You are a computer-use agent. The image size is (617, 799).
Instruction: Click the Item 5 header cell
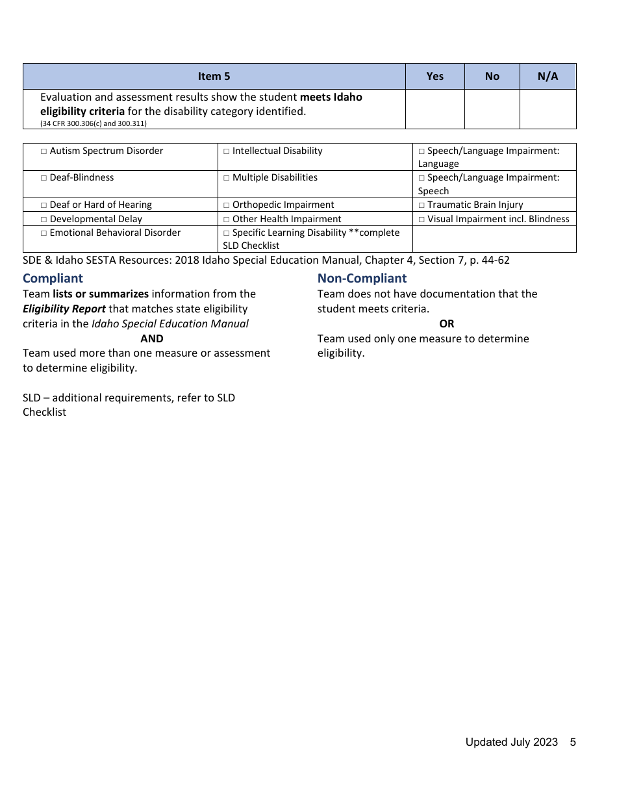coord(214,77)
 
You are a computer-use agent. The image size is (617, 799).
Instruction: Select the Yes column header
coord(434,77)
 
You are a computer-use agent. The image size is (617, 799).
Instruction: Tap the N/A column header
coord(548,77)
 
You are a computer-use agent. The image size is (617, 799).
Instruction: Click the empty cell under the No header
coord(492,109)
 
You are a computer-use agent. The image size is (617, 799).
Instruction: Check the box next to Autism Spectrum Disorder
coord(44,151)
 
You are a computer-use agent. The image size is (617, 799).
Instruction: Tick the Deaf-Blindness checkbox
coord(44,178)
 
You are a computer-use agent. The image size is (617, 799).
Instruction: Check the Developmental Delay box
coord(44,220)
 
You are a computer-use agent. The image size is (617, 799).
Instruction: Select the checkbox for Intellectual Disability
coord(227,151)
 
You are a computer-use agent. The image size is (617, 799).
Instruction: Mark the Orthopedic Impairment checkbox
coord(227,205)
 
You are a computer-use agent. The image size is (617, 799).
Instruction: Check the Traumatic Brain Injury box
coord(422,205)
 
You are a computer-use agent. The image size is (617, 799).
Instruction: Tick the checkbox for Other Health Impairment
coord(227,220)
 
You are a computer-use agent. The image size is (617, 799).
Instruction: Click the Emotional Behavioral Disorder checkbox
coord(44,233)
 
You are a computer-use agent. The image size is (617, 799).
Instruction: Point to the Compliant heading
coord(53,279)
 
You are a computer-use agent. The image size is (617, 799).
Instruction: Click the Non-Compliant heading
coord(362,279)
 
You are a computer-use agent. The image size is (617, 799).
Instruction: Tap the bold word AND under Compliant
coord(152,338)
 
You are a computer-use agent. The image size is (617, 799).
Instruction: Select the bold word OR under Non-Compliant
coord(446,323)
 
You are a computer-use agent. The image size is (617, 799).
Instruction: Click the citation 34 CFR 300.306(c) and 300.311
coord(93,123)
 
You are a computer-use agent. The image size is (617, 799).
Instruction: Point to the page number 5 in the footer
coord(573,742)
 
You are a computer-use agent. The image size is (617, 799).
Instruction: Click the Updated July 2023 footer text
coord(511,742)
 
